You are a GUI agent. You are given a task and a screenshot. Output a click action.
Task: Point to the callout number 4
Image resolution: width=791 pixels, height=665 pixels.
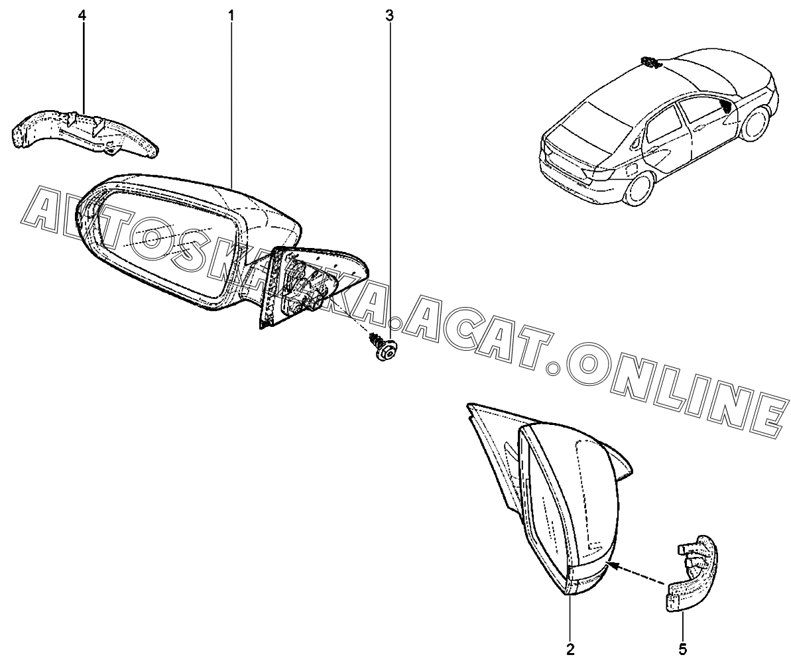(x=82, y=15)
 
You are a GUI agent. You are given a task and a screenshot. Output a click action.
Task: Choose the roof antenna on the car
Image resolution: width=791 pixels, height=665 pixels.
(x=650, y=63)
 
